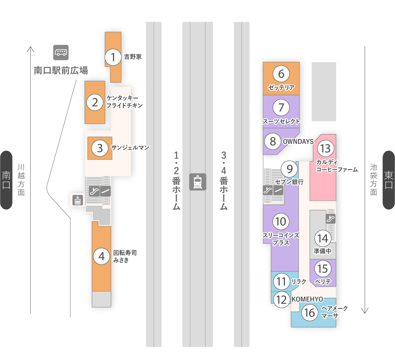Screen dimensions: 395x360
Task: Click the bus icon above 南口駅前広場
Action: click(61, 53)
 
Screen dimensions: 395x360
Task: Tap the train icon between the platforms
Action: click(198, 182)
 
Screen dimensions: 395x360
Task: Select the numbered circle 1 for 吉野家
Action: click(113, 57)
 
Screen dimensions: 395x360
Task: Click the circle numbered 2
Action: click(95, 102)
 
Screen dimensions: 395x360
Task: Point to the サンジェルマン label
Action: click(130, 148)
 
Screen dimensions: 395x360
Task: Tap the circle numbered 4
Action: click(102, 256)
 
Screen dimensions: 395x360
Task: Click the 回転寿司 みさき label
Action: click(125, 257)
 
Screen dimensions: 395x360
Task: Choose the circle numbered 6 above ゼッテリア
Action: click(281, 74)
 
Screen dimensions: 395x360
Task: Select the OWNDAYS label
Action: click(298, 141)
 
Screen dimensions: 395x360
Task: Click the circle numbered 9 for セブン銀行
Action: click(290, 169)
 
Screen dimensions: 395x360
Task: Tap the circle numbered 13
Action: click(325, 148)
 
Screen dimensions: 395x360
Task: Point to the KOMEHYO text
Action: click(307, 299)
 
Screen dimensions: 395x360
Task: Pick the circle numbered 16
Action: click(310, 313)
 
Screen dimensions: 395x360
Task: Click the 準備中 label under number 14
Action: click(322, 251)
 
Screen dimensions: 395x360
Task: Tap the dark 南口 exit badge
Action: click(6, 180)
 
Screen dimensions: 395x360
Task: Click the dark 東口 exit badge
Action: click(389, 180)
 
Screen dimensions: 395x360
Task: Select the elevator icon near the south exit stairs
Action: click(77, 200)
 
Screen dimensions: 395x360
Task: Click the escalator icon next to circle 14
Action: click(331, 219)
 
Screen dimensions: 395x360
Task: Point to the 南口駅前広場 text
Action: click(61, 70)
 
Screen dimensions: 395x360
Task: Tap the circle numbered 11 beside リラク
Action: click(282, 281)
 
